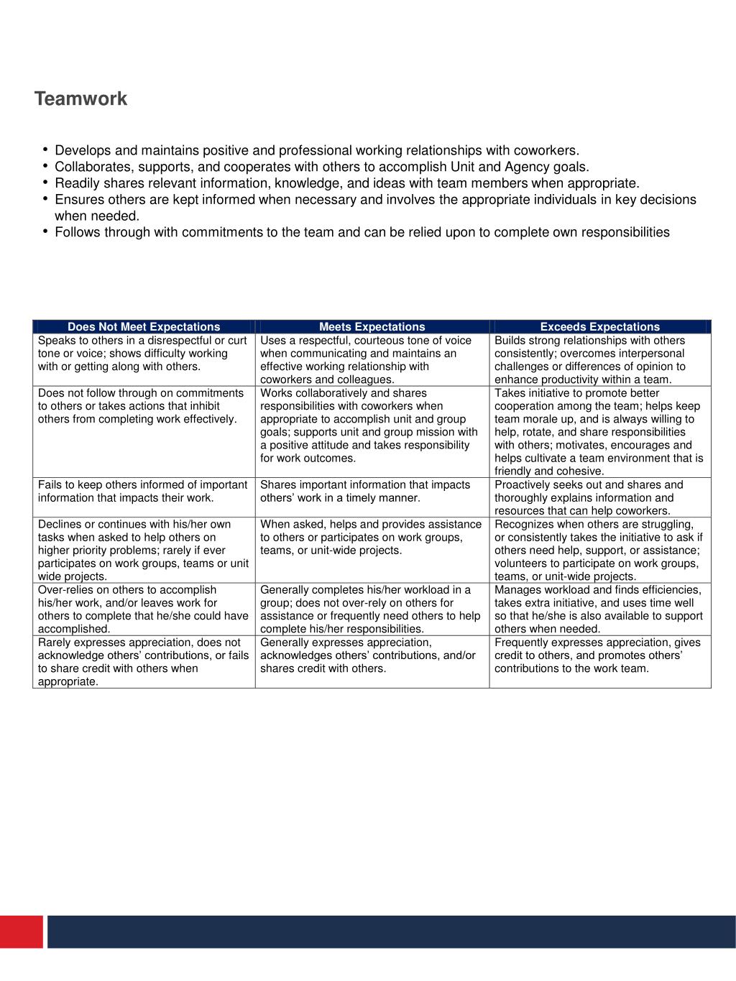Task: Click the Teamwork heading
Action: tap(80, 99)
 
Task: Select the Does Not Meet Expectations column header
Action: tap(144, 327)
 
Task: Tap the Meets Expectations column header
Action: tap(372, 327)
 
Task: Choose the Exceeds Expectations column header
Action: tap(599, 327)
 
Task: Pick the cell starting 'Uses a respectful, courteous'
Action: tap(372, 360)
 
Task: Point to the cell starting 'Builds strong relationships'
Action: tap(599, 360)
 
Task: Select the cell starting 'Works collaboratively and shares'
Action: tap(372, 425)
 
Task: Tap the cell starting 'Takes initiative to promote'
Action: tap(599, 432)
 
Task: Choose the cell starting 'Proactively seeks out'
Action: tap(599, 497)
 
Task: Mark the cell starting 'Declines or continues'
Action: tap(144, 550)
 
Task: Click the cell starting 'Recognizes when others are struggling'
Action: tap(599, 550)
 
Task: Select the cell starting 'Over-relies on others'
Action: tap(144, 609)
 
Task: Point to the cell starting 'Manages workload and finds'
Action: tap(599, 609)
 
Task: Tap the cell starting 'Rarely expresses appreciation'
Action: tap(144, 662)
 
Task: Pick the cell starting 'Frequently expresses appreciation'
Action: tap(599, 655)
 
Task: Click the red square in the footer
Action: tap(22, 931)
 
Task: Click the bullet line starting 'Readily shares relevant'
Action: tap(346, 183)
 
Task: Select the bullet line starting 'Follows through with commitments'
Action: tap(362, 232)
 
